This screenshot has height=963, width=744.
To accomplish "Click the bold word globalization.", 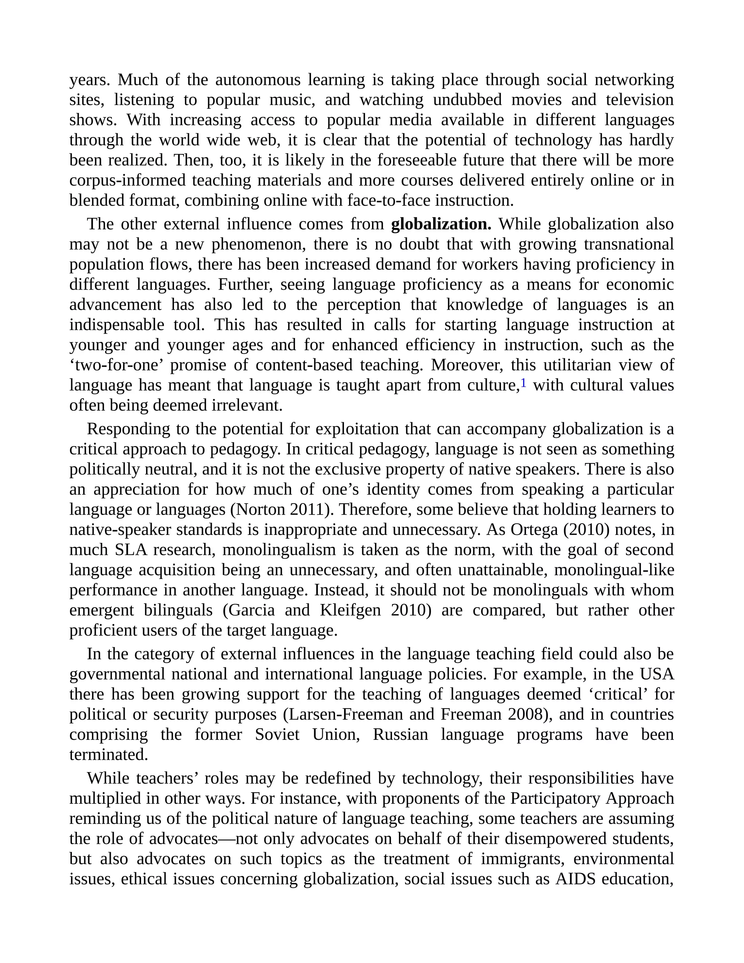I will point(441,225).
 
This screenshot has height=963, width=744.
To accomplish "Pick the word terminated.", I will point(108,754).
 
